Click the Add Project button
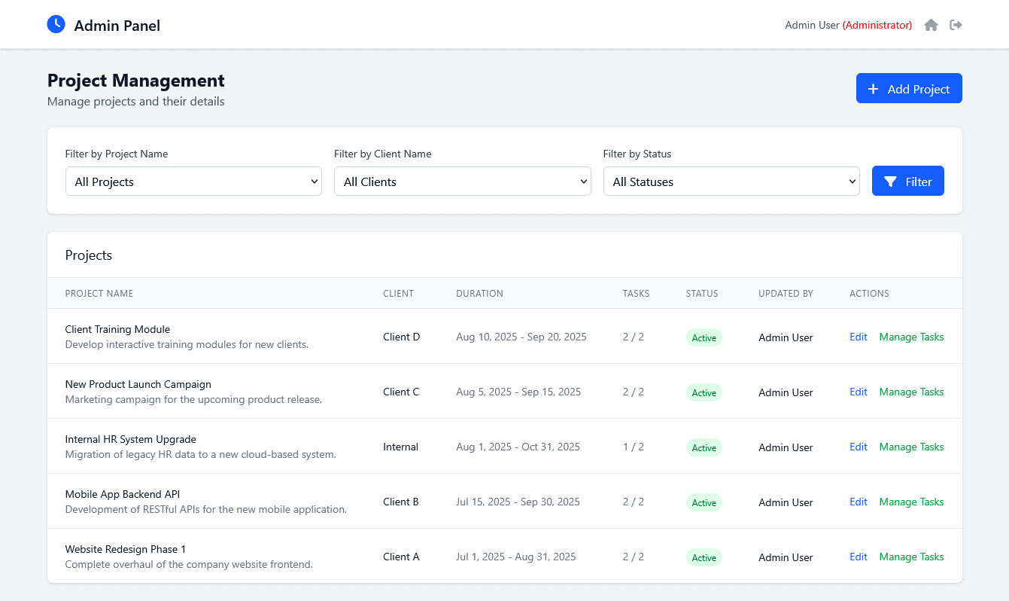[908, 88]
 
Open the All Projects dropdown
[193, 182]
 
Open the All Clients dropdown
[462, 182]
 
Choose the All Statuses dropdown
[731, 182]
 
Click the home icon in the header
[931, 25]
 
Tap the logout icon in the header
[956, 25]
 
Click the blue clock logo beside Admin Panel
[56, 24]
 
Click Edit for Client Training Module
[858, 337]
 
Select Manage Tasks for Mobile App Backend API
[911, 502]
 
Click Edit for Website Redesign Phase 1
[858, 557]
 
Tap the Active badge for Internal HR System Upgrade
[704, 447]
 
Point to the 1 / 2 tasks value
[633, 447]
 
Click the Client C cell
[401, 392]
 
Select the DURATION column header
[479, 294]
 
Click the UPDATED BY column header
[786, 294]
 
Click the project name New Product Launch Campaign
[138, 384]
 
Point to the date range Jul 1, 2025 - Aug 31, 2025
[515, 557]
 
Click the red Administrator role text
[877, 25]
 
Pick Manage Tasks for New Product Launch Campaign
[911, 392]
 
